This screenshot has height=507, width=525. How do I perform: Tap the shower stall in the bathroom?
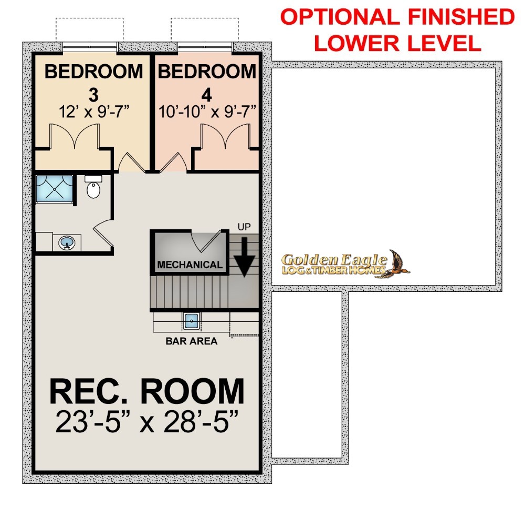(x=54, y=189)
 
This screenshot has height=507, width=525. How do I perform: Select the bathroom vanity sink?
(x=67, y=242)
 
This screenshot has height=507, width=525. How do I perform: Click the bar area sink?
(x=192, y=321)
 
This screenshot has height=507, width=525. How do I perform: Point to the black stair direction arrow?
(x=245, y=257)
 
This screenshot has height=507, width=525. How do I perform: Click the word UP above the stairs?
(x=244, y=227)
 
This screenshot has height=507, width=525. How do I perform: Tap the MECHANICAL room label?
(x=190, y=265)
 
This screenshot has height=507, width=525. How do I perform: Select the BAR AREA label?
(x=192, y=341)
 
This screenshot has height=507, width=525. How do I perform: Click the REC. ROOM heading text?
(x=147, y=391)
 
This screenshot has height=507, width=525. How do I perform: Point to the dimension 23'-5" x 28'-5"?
(x=147, y=421)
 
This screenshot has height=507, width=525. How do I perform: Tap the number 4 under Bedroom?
(x=207, y=96)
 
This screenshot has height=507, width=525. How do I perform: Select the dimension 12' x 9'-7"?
(x=94, y=111)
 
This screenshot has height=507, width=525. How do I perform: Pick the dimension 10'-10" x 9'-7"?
(x=207, y=111)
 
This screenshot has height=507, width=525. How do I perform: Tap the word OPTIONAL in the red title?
(x=340, y=17)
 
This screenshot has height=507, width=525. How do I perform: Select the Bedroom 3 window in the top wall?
(x=90, y=47)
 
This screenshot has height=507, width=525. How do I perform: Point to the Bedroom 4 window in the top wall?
(x=205, y=47)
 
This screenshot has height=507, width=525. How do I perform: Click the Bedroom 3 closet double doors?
(x=75, y=136)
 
